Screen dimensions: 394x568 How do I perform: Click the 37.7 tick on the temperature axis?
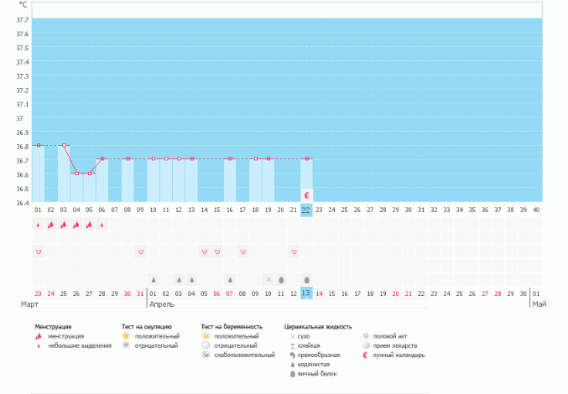(x=23, y=19)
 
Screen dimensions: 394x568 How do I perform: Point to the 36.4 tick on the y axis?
(x=23, y=202)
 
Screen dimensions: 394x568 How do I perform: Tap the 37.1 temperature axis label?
(x=23, y=104)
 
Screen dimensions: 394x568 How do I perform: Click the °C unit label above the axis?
(x=23, y=5)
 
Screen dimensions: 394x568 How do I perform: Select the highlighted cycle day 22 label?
(x=306, y=210)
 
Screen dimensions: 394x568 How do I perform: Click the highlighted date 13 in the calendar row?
(x=306, y=293)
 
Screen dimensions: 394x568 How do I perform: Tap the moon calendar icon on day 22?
(x=307, y=194)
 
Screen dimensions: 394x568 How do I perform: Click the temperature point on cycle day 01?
(x=39, y=145)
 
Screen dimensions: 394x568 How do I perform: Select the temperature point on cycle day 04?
(x=76, y=174)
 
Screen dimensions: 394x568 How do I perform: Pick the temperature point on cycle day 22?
(x=307, y=158)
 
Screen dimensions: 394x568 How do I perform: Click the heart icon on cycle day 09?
(x=141, y=251)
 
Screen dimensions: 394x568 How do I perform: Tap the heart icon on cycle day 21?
(x=294, y=251)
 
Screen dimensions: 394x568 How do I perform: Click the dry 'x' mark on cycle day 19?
(x=268, y=279)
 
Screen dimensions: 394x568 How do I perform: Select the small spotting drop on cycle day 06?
(x=102, y=225)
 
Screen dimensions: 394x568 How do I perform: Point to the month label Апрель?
(x=162, y=303)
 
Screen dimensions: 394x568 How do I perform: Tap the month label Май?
(x=539, y=303)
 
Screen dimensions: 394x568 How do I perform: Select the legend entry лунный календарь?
(x=399, y=355)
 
